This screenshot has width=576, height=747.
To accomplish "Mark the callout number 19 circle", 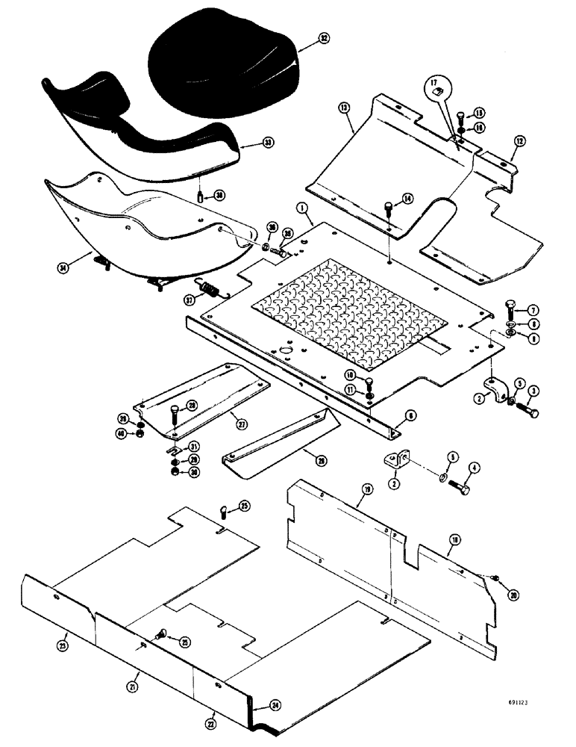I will pyautogui.click(x=366, y=490).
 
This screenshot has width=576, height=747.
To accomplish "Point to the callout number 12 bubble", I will pyautogui.click(x=520, y=140).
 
